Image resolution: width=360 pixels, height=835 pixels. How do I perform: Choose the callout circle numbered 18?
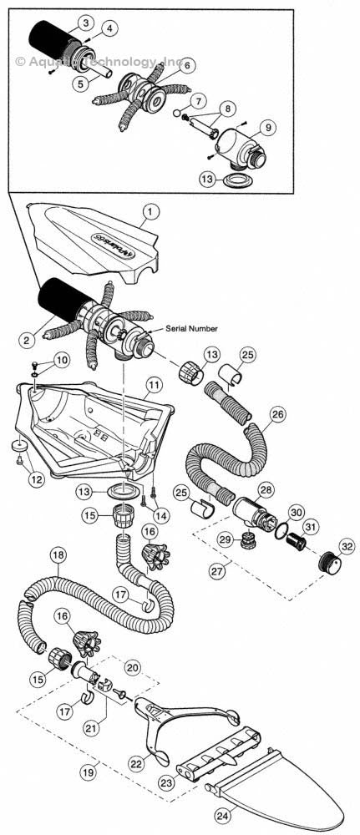58,554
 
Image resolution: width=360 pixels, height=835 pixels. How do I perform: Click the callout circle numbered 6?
186,64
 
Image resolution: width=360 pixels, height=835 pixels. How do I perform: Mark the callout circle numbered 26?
278,413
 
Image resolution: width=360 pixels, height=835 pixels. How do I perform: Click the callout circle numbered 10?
63,360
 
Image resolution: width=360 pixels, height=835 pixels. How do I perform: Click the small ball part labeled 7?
176,113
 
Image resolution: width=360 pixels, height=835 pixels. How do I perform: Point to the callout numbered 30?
296,511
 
